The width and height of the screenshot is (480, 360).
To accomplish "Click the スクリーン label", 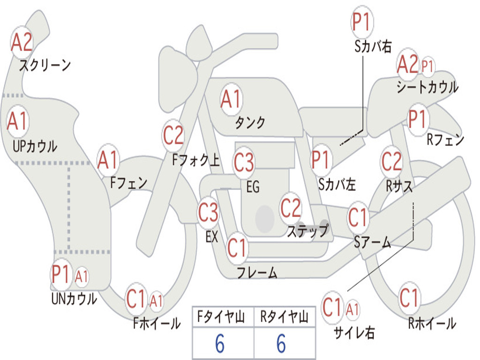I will point(45,65).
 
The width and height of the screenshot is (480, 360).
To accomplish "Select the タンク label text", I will point(250,123).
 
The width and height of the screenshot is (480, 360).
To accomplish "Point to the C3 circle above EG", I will point(244,163).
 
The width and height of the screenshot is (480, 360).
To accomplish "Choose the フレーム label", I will point(257,272).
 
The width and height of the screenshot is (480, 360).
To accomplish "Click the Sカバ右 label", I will point(373,46).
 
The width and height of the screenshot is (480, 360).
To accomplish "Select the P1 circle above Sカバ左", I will point(322,159).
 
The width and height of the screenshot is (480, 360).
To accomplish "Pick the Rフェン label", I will point(445,140).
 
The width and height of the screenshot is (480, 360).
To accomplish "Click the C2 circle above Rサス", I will point(391,162).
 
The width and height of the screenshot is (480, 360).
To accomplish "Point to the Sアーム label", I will point(373,242).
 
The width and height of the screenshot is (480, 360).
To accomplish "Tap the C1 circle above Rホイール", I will point(409,297).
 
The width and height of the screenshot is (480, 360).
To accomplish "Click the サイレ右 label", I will point(354,332).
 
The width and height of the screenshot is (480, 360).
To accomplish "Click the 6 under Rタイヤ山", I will point(281,344).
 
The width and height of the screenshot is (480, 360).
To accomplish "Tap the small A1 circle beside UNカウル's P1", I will point(82,277).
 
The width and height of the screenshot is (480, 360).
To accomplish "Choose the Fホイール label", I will point(157,323).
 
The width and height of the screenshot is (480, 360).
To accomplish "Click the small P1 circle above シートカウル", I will point(427,66).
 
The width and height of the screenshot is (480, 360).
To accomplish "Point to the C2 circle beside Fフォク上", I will point(173,136).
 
